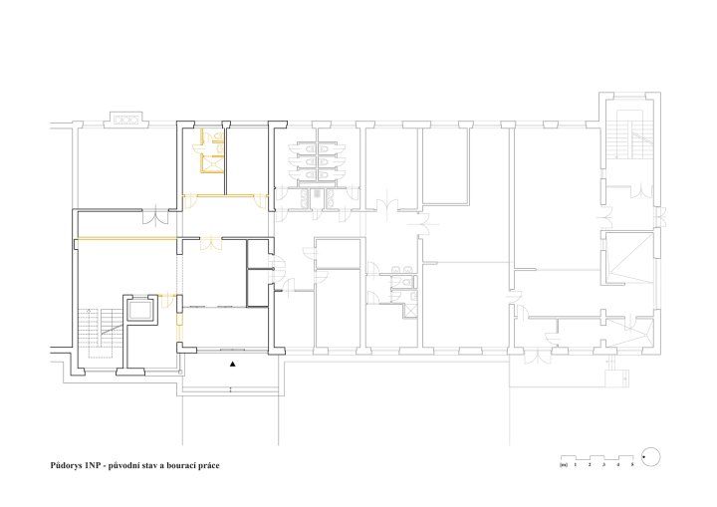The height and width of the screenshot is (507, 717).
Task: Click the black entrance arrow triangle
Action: [x=233, y=365]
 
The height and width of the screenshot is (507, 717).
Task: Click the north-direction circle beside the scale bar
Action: [x=650, y=457]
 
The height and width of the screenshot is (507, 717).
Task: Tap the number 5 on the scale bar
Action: [x=632, y=465]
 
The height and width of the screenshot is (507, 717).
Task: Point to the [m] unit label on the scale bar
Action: [x=564, y=465]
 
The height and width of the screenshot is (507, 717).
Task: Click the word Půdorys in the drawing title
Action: [x=66, y=466]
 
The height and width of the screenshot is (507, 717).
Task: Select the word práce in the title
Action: [x=208, y=466]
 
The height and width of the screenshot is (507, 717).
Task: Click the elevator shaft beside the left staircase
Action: [x=139, y=310]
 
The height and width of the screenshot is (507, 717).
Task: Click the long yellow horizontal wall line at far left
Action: [x=127, y=238]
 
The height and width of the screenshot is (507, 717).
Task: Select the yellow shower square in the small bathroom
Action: [x=212, y=164]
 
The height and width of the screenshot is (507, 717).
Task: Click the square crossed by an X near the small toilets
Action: [x=410, y=311]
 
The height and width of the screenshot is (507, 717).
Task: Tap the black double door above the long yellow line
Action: [x=155, y=216]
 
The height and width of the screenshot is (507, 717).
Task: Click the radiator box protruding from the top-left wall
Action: [x=125, y=120]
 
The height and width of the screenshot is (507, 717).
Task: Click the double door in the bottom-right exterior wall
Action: [x=537, y=357]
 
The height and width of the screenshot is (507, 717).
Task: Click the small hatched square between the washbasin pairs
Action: [x=316, y=194]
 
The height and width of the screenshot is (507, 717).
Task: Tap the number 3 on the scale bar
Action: [x=603, y=465]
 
